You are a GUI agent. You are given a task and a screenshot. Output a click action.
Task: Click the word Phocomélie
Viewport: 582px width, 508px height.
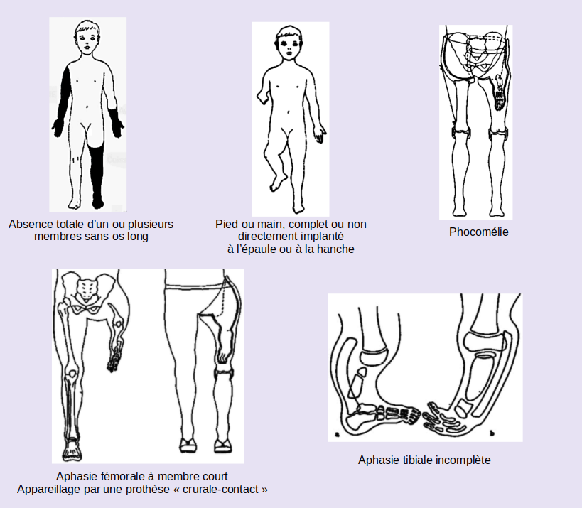479,232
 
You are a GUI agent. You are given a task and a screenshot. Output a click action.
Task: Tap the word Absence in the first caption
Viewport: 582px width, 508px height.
29,224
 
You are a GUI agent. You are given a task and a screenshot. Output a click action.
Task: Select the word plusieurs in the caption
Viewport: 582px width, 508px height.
150,224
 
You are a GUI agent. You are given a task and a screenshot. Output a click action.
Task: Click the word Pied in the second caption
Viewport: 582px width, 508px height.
226,224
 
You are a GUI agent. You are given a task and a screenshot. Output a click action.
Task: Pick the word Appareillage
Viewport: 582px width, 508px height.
50,490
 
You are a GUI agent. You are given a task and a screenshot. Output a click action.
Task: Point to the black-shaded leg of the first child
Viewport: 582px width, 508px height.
99,171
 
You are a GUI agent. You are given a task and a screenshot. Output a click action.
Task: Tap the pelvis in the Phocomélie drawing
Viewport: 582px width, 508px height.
475,53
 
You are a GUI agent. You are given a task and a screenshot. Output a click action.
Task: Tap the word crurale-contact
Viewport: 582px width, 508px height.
232,490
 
